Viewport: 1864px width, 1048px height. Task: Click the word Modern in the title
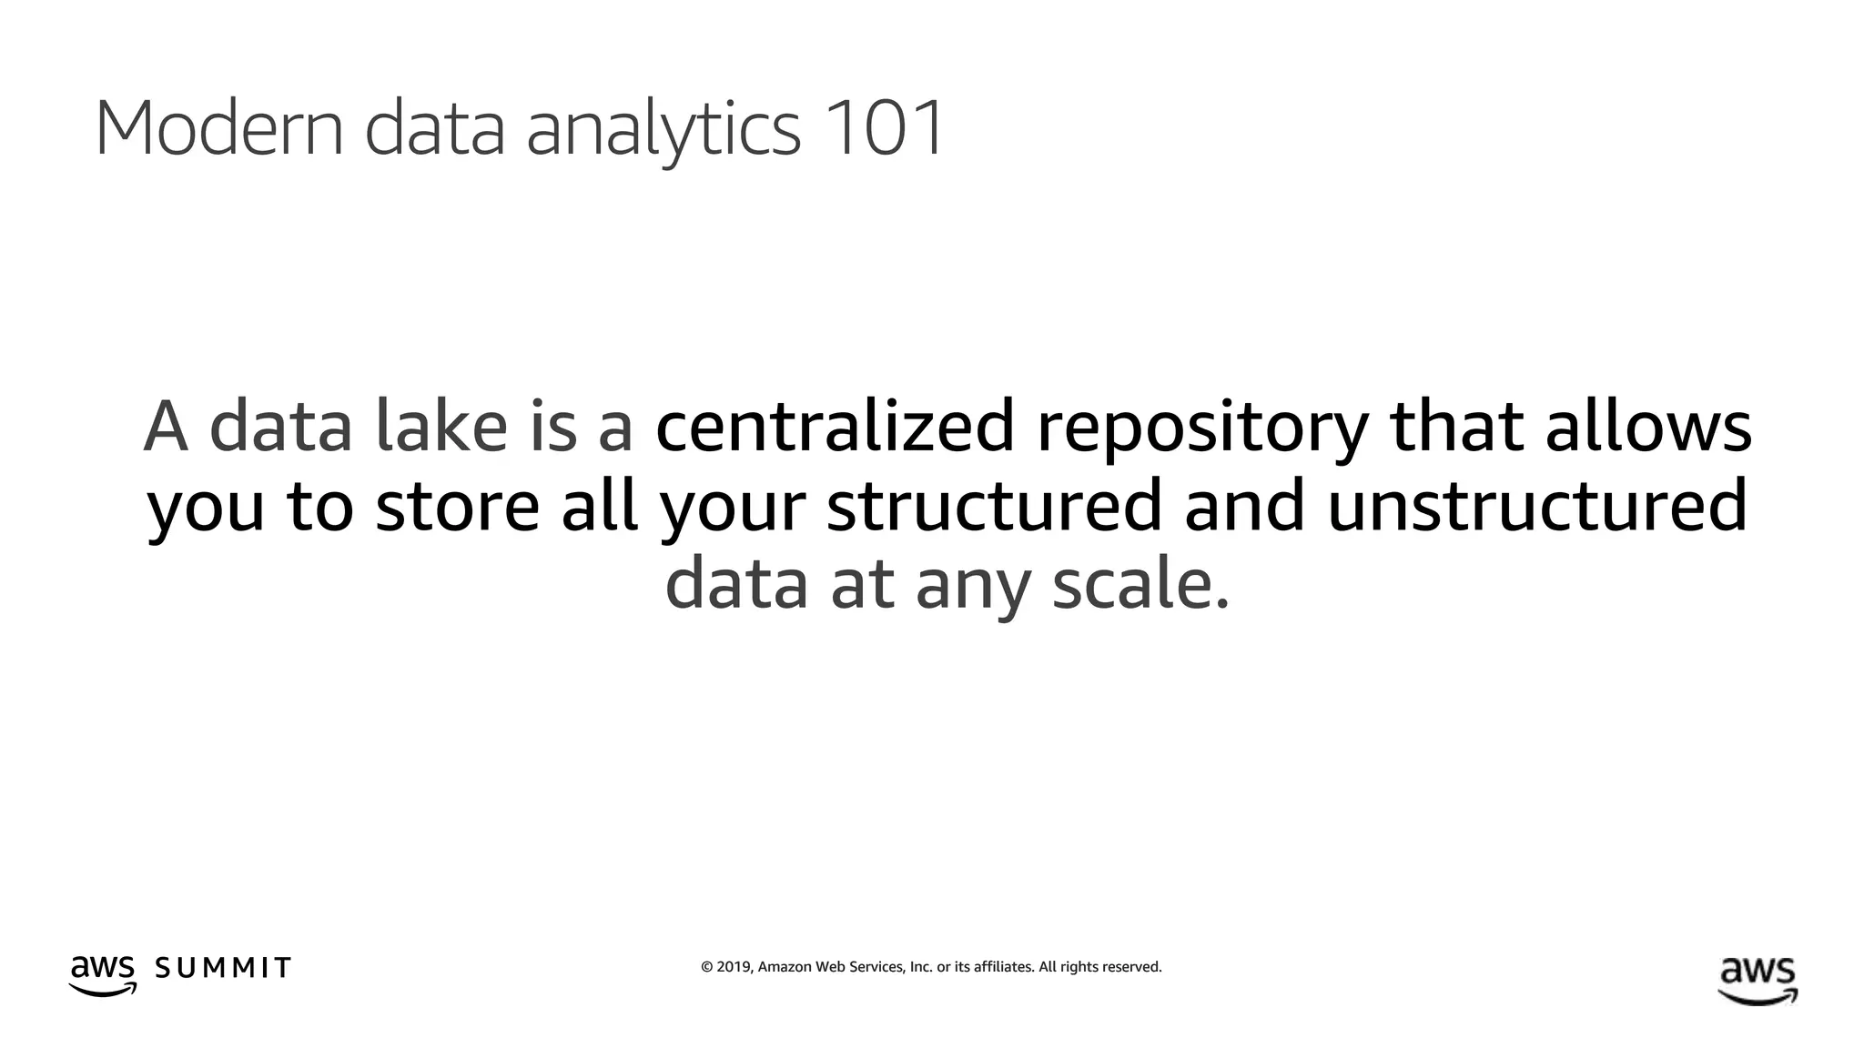[x=218, y=128]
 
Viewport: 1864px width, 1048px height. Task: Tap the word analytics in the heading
[x=664, y=130]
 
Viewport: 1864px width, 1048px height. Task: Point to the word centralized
[x=835, y=427]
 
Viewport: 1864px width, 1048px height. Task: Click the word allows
[x=1648, y=427]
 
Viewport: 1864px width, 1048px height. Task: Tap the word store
[x=458, y=506]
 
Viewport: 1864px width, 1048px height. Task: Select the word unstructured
[x=1537, y=506]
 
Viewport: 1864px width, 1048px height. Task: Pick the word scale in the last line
[x=1140, y=584]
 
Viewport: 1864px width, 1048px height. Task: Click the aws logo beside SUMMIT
[x=103, y=974]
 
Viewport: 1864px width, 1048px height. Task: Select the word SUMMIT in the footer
[x=223, y=968]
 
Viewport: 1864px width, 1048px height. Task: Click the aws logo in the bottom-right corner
[x=1758, y=980]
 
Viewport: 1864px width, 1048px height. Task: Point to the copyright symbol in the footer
[x=707, y=967]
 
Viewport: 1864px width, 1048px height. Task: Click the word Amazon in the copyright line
[x=784, y=967]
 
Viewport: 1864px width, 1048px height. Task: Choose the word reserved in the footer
[x=1131, y=967]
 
